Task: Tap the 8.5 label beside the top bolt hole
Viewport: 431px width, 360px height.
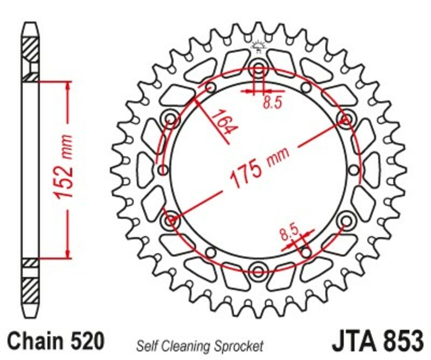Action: (x=273, y=102)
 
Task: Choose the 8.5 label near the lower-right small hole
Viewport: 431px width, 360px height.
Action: (x=289, y=233)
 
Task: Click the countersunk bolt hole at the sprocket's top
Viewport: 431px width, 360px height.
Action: (x=259, y=69)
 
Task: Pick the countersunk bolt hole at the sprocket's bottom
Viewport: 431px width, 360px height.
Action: (x=259, y=270)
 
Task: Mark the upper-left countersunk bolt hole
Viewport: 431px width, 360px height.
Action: (x=171, y=119)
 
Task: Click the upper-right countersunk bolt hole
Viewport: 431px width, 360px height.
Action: (x=345, y=119)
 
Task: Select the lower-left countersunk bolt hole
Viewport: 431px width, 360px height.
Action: (x=171, y=220)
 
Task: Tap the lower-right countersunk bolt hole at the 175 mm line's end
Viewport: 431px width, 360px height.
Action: (x=345, y=220)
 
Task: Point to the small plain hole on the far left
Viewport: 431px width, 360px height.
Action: (x=163, y=170)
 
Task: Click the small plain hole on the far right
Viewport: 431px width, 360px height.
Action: (x=354, y=170)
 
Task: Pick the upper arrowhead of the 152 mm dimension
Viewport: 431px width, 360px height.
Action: (x=68, y=87)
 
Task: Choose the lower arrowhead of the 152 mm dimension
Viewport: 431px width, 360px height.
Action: (x=68, y=253)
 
